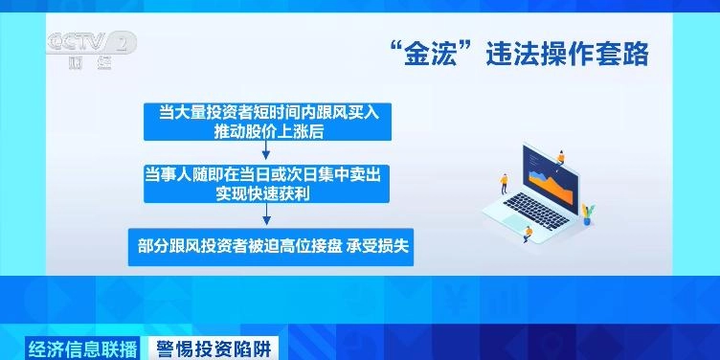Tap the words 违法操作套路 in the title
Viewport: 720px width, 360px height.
coord(554,54)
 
